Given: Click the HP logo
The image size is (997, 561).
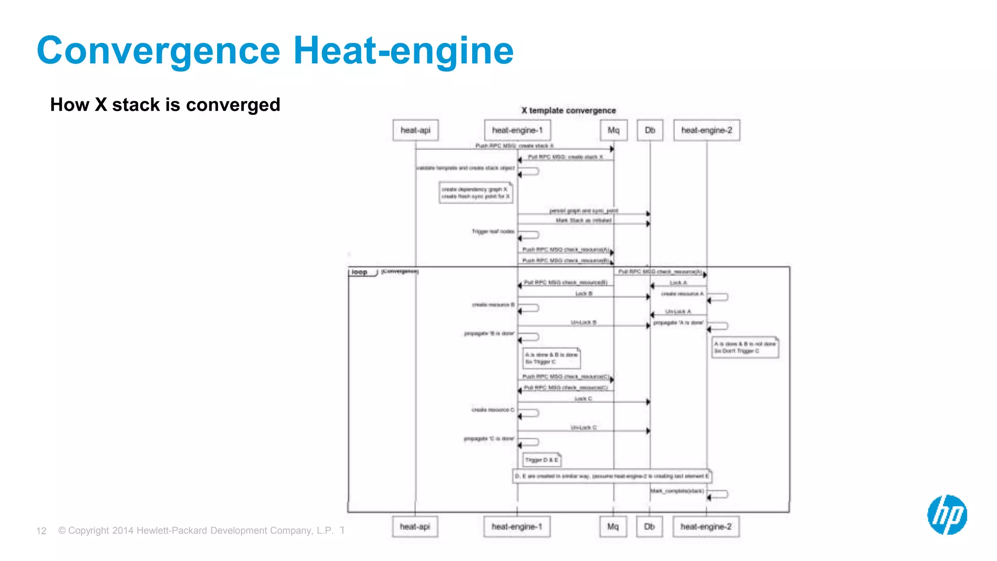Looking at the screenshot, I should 947,515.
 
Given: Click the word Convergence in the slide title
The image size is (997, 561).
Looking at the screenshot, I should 158,51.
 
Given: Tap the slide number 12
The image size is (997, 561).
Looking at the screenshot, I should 41,531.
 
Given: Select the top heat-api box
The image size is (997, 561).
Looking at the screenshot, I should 415,131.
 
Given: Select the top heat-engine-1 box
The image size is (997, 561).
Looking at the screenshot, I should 517,131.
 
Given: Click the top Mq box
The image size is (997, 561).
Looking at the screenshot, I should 613,131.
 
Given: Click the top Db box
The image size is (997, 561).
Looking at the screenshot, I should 650,131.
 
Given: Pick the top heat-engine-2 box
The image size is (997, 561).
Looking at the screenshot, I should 706,131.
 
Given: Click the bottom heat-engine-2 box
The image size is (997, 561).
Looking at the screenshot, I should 706,527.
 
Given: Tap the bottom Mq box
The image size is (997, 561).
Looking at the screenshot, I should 613,527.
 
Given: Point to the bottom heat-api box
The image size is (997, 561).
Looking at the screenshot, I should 415,527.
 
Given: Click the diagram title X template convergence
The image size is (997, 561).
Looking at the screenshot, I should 569,111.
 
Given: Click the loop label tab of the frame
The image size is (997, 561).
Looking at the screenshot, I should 360,272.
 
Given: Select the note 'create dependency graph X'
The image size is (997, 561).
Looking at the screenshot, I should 476,193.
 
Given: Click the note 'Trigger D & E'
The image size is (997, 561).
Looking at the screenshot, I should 542,460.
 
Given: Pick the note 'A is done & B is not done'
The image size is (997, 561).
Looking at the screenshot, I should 745,347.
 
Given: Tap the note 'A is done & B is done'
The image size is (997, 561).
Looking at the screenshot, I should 552,358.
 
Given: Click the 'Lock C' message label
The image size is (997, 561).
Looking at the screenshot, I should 583,399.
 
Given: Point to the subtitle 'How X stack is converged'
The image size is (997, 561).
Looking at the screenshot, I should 165,105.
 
